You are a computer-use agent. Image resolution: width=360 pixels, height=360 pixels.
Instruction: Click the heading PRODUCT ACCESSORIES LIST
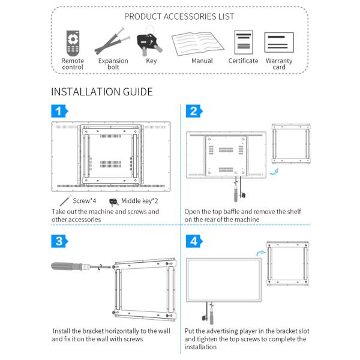179,16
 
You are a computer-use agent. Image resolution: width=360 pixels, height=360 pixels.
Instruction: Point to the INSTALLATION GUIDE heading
101,92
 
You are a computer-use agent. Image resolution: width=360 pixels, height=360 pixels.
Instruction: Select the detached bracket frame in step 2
291,144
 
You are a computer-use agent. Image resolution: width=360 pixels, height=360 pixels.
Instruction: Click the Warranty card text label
279,64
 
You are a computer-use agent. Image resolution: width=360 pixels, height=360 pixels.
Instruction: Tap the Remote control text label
73,64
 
